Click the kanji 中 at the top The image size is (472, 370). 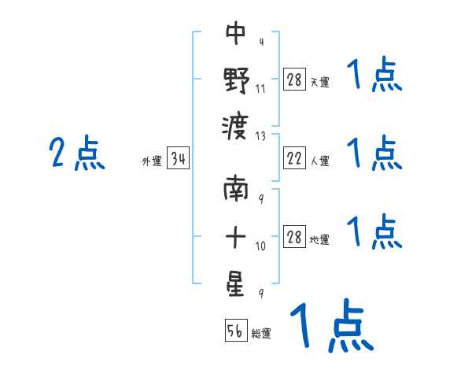pos(236,34)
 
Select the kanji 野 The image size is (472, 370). pos(236,80)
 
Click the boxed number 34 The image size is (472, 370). pos(178,161)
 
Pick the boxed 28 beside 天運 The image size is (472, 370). pos(294,80)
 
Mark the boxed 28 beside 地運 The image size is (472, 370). pos(294,238)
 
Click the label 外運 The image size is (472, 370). pos(151,162)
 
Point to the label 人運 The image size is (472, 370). pos(320,161)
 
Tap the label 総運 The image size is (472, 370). pos(262,334)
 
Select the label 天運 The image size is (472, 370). pos(320,82)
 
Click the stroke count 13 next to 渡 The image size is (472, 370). pos(261,135)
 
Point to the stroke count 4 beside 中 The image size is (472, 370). pos(260,42)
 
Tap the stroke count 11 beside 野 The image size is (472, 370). pos(260,89)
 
